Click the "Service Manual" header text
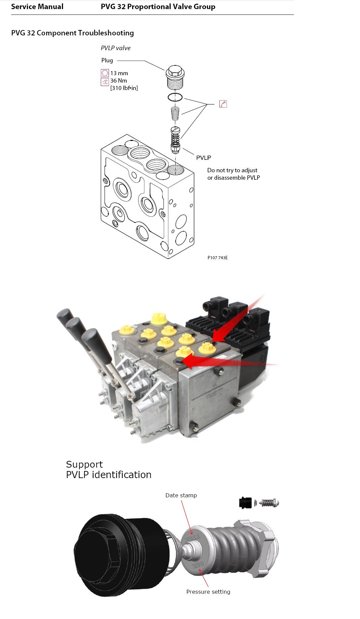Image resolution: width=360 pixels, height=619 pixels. [37, 7]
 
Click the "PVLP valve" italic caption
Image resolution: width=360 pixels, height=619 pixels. [116, 48]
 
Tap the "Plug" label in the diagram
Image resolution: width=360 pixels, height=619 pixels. [107, 60]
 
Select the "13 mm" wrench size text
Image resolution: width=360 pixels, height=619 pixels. [119, 73]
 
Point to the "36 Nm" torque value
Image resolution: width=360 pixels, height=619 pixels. [119, 81]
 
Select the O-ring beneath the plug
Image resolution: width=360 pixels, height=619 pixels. [175, 97]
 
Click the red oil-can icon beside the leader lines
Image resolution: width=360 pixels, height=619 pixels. [223, 104]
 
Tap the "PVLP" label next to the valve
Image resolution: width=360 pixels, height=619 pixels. [204, 158]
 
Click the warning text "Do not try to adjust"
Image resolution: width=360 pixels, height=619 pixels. [232, 170]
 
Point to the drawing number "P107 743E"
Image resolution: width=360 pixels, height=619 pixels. [217, 258]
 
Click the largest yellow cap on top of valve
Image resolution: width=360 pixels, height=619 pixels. [158, 318]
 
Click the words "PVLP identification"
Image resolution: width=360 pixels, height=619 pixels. [109, 475]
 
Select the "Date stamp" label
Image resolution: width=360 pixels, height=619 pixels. [181, 495]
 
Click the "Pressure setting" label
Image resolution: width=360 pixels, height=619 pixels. [208, 592]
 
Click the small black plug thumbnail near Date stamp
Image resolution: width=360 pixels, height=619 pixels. [245, 503]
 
